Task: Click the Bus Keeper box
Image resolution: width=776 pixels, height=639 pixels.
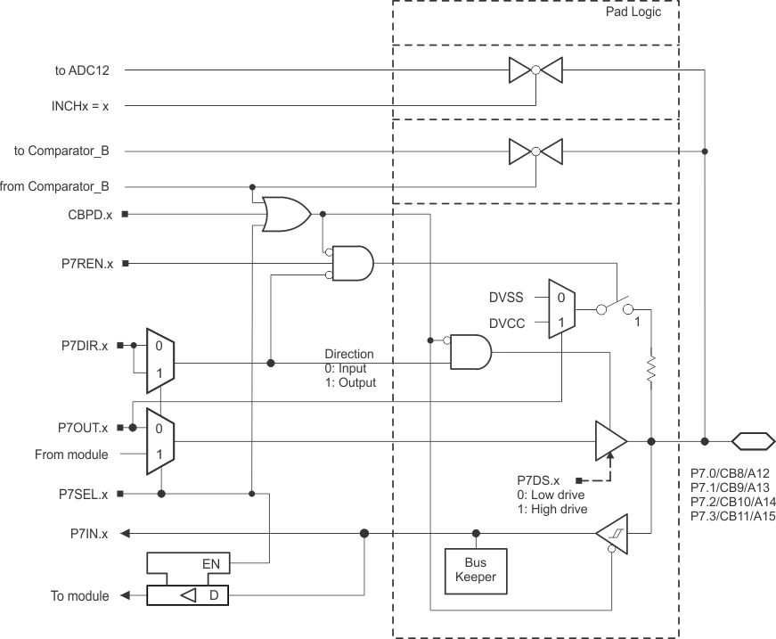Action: (475, 570)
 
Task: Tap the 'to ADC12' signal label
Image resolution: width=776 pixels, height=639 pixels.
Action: (88, 69)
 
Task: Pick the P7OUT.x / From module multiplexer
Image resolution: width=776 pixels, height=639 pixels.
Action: (160, 440)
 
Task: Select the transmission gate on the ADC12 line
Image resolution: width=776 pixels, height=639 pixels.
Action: (535, 69)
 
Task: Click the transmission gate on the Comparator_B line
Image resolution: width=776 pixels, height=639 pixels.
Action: (535, 152)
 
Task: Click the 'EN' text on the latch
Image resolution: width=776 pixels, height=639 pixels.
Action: (211, 563)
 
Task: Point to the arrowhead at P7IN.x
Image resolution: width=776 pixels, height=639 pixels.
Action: (126, 534)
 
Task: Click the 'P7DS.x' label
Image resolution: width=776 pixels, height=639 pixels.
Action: (538, 479)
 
